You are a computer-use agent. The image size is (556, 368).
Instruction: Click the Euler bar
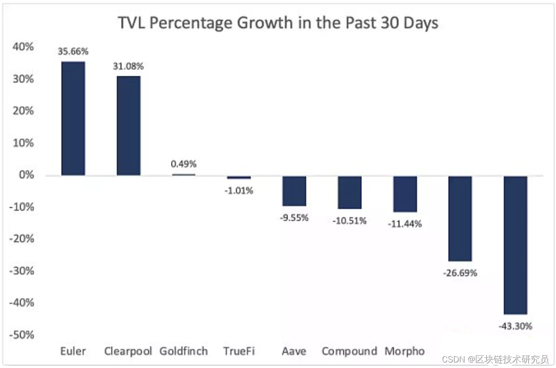73,119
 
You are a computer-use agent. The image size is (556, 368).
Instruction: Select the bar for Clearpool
128,125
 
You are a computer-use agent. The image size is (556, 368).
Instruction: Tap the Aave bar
294,191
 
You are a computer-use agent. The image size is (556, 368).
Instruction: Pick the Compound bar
350,192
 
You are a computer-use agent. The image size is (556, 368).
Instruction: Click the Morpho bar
405,194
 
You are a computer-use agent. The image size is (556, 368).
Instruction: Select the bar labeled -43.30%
515,245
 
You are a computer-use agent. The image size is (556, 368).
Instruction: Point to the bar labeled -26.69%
460,219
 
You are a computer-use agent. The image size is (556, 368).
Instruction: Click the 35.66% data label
73,51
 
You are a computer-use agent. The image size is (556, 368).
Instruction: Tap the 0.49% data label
183,164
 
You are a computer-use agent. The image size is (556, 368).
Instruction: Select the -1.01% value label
239,190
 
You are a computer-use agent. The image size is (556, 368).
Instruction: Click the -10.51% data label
350,221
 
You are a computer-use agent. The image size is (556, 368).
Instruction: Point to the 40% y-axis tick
24,47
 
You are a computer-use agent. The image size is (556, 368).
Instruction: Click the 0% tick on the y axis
26,175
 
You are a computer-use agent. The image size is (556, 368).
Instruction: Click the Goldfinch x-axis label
183,351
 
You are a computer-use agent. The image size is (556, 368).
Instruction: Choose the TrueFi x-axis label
239,351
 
